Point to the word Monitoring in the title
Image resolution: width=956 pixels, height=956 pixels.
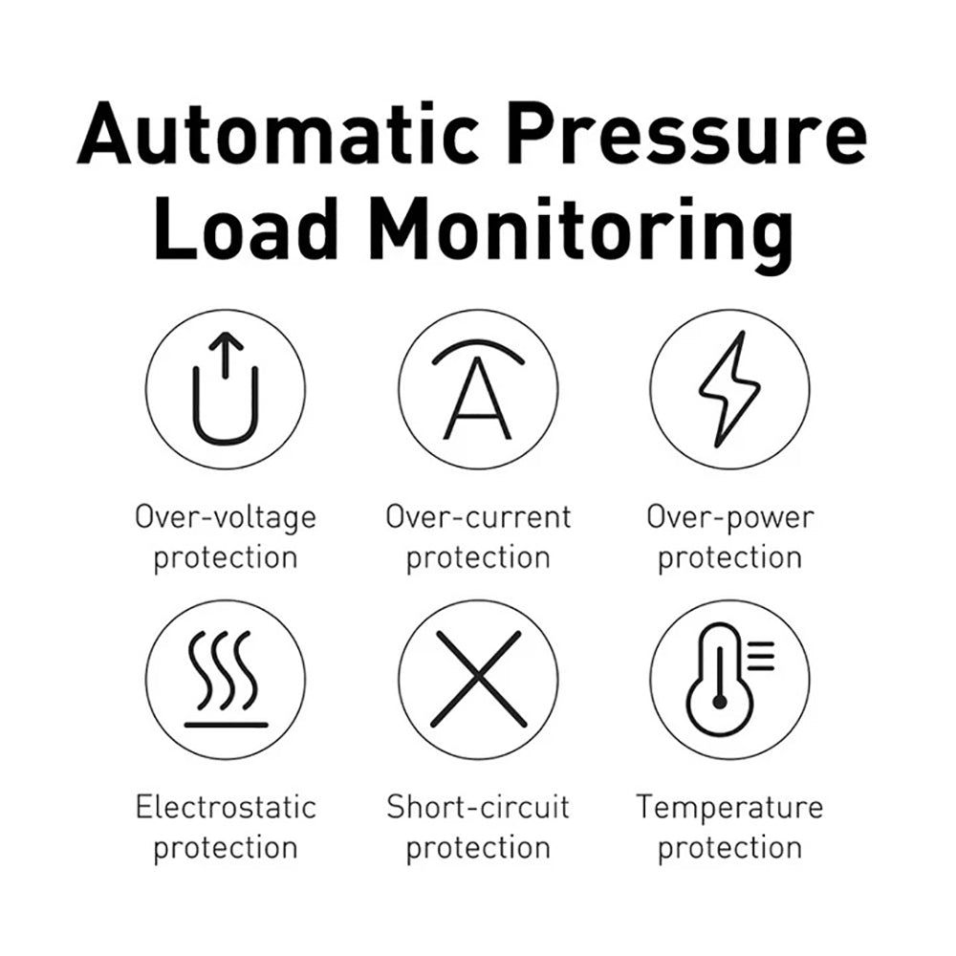tap(581, 235)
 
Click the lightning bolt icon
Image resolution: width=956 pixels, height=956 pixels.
tap(729, 389)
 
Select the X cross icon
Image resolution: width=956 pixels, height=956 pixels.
tap(479, 679)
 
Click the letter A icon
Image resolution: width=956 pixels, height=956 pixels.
tap(477, 398)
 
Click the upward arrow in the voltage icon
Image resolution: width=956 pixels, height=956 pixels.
tap(226, 355)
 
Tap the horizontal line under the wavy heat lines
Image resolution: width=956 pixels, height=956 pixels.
tap(227, 725)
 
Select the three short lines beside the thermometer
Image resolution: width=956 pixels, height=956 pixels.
tap(761, 656)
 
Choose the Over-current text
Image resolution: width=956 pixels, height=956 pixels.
tap(479, 517)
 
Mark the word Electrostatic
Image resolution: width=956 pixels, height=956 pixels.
tap(227, 807)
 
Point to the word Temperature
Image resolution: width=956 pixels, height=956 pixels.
tap(729, 809)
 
